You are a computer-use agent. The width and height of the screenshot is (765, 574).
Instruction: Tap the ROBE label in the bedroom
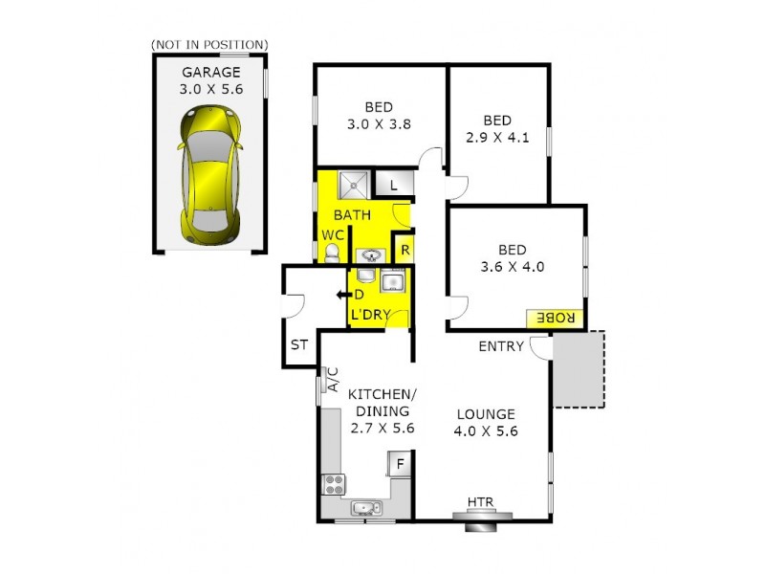click(x=548, y=317)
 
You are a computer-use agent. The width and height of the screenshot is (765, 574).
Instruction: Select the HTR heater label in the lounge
click(x=480, y=503)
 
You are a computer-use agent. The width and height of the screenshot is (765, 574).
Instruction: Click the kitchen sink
click(x=365, y=508)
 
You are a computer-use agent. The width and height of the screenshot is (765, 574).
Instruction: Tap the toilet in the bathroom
click(x=332, y=253)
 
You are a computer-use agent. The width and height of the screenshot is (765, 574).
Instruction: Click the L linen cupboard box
click(x=393, y=183)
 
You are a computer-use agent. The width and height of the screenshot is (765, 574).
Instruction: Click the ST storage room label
click(x=298, y=345)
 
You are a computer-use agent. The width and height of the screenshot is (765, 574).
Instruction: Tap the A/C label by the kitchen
click(x=334, y=380)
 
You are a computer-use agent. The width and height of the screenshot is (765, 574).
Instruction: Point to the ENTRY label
click(x=501, y=346)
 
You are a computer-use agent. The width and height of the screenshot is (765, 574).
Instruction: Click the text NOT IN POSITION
click(x=209, y=44)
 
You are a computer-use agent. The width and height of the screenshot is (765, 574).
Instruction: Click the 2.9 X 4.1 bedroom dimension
click(x=498, y=137)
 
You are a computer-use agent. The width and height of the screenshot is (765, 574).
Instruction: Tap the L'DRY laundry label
click(x=369, y=314)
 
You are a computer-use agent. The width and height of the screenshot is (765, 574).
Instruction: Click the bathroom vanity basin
click(x=371, y=255)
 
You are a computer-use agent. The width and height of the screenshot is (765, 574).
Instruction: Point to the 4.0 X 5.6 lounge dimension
click(x=485, y=431)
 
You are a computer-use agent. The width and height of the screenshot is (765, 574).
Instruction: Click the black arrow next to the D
click(x=341, y=295)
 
